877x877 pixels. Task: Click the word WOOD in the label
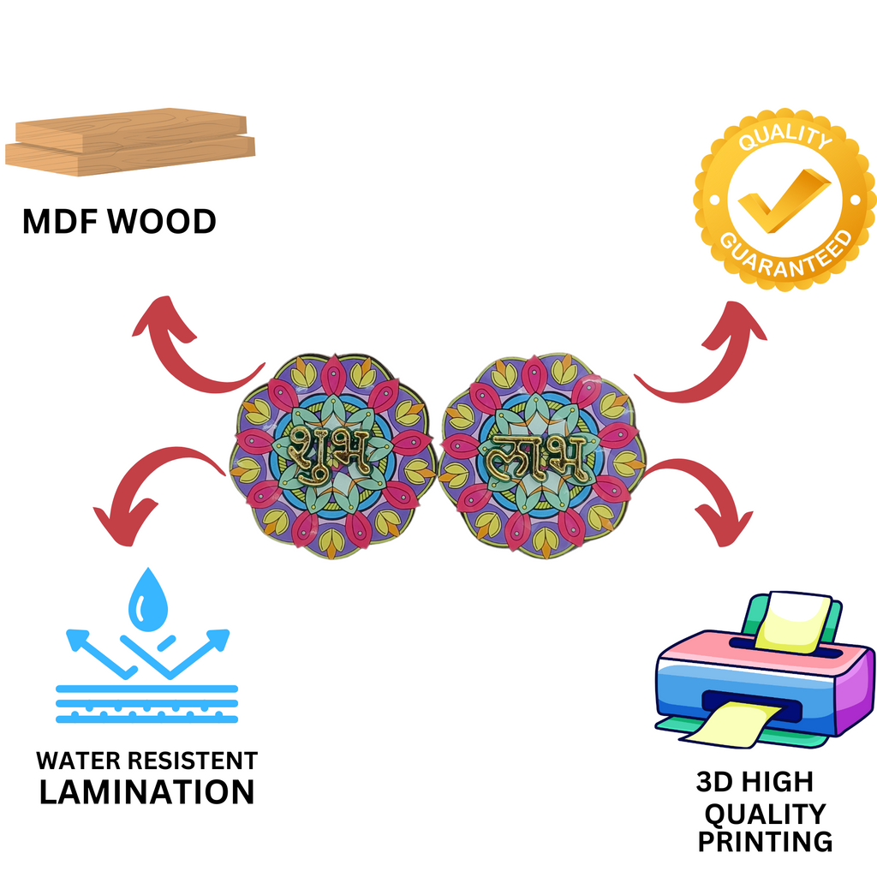pos(164,222)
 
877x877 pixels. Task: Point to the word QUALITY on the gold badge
pos(785,141)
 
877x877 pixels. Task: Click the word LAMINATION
pos(147,791)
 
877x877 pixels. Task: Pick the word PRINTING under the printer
pos(765,841)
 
